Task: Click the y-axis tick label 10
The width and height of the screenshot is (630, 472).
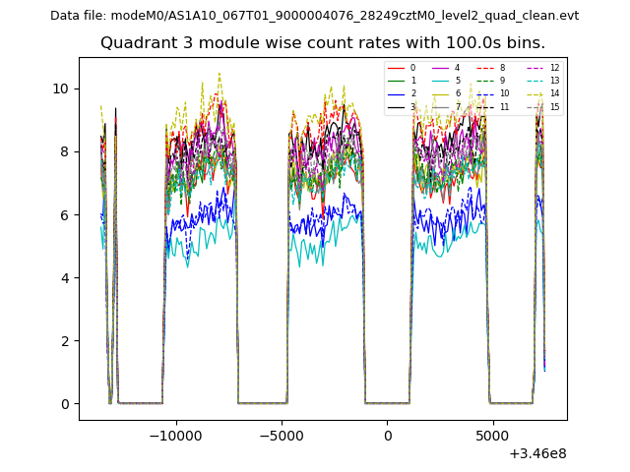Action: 61,88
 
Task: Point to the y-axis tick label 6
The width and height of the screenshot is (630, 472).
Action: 65,215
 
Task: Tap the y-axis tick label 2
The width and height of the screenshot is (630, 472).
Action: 65,341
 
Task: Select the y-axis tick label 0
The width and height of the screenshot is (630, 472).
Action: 65,404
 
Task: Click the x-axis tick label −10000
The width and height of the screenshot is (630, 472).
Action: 176,436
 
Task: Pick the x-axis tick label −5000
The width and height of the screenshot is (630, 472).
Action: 282,436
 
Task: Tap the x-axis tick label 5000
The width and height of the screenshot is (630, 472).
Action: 493,436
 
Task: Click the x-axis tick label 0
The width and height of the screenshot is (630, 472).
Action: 388,436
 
